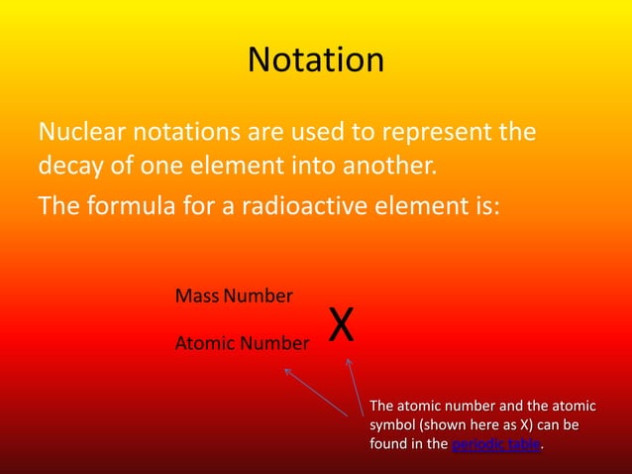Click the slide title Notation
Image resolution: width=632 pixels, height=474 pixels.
click(x=315, y=60)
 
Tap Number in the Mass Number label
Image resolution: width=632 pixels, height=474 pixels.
click(x=259, y=296)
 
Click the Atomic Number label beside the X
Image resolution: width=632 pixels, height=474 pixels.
click(x=242, y=344)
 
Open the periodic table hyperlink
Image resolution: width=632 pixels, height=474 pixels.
click(x=495, y=444)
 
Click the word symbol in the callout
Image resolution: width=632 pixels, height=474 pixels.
click(x=392, y=425)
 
